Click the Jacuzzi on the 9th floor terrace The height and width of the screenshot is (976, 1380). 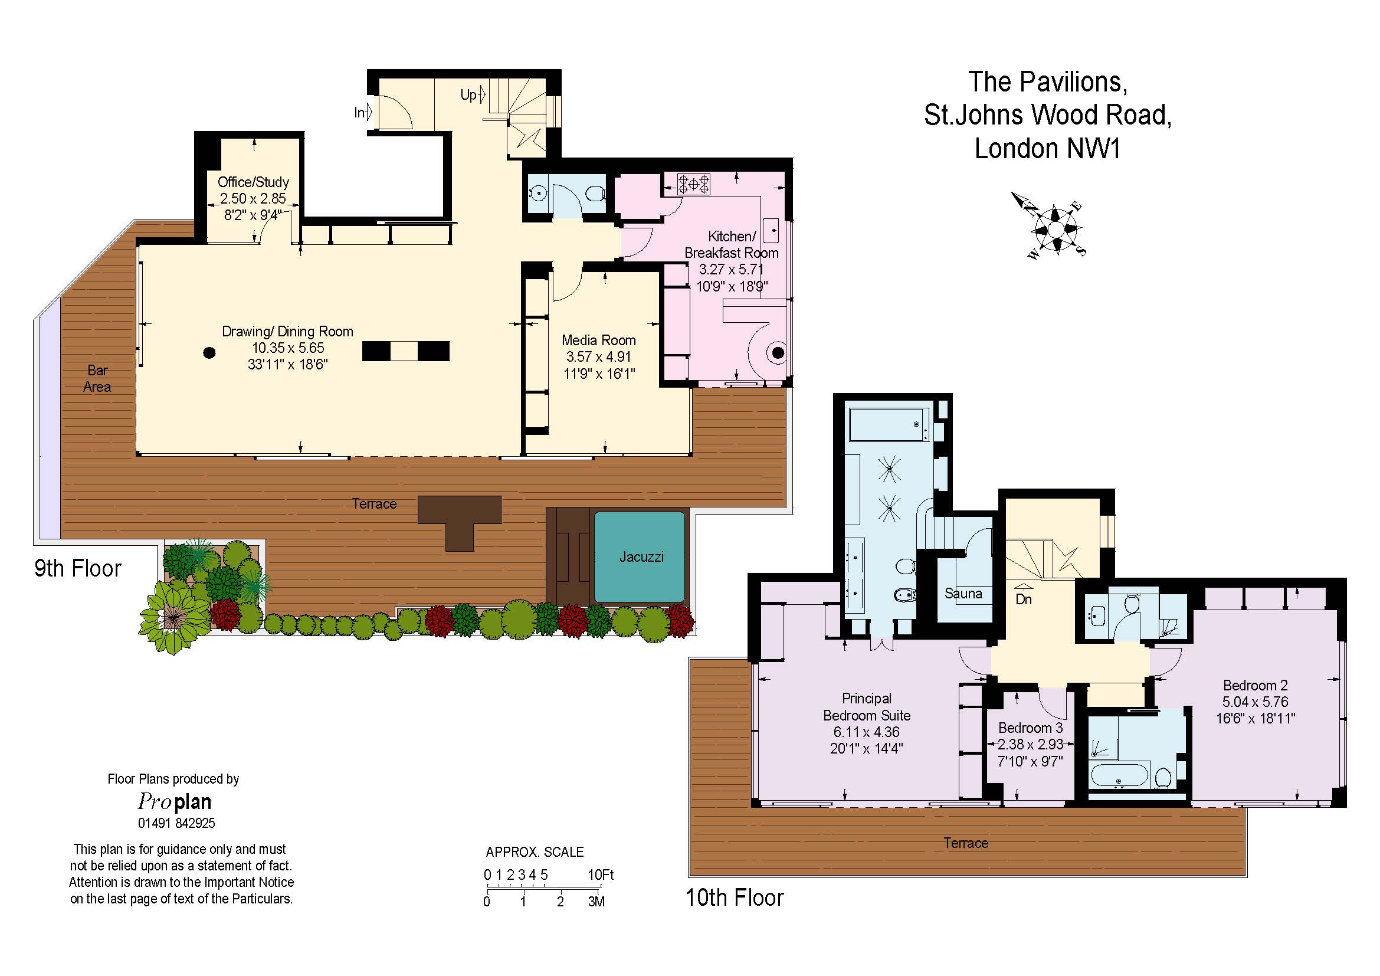[640, 556]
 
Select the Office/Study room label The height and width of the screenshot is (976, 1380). [253, 182]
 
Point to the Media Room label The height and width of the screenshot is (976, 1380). [599, 340]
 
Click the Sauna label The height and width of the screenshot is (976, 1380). [963, 594]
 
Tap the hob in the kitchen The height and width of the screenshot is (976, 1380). [694, 184]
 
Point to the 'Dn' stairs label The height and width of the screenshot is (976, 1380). [1024, 599]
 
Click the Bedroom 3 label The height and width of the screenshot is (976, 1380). [1030, 728]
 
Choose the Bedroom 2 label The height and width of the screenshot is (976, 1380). [1255, 685]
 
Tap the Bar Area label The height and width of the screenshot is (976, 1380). [97, 379]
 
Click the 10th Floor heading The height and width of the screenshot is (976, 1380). [735, 898]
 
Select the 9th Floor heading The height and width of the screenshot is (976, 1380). [77, 568]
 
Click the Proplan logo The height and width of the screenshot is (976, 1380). [174, 801]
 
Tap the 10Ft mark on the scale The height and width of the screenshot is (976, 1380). [601, 875]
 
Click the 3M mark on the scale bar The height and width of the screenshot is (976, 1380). [596, 902]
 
